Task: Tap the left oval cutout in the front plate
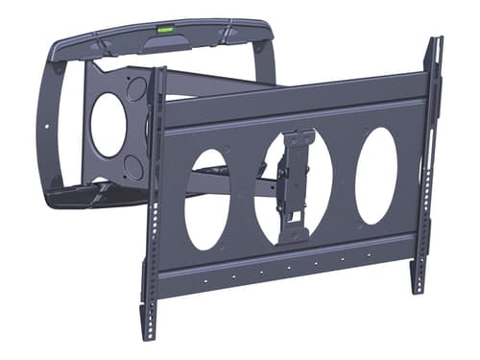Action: (206, 200)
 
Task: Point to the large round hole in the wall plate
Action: (108, 125)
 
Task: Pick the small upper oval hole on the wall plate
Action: (135, 89)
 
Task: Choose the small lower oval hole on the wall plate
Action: (135, 168)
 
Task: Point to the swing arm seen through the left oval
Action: (205, 182)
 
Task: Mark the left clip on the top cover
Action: (98, 44)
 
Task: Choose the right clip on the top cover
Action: (227, 35)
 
